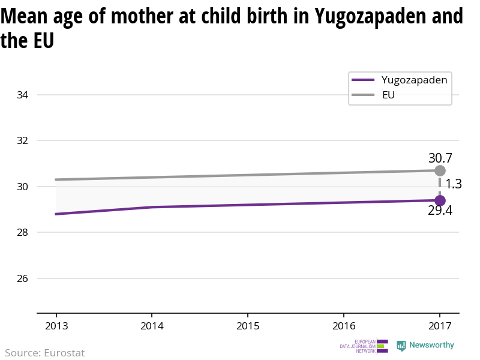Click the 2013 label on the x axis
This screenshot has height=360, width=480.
[x=56, y=326]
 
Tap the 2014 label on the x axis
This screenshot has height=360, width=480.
[x=152, y=326]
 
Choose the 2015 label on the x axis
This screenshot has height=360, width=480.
[x=248, y=326]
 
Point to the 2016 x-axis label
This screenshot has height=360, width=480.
[x=343, y=326]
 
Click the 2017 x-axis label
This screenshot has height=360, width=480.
[x=439, y=326]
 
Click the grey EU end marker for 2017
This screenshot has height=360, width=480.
[x=440, y=171]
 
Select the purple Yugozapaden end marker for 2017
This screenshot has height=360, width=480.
[x=440, y=200]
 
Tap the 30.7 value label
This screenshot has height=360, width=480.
[x=440, y=158]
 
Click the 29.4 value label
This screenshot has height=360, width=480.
[x=440, y=211]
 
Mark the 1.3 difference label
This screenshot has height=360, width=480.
[x=453, y=184]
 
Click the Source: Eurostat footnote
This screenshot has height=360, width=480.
[x=44, y=353]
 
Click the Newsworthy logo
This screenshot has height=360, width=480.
[x=425, y=346]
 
